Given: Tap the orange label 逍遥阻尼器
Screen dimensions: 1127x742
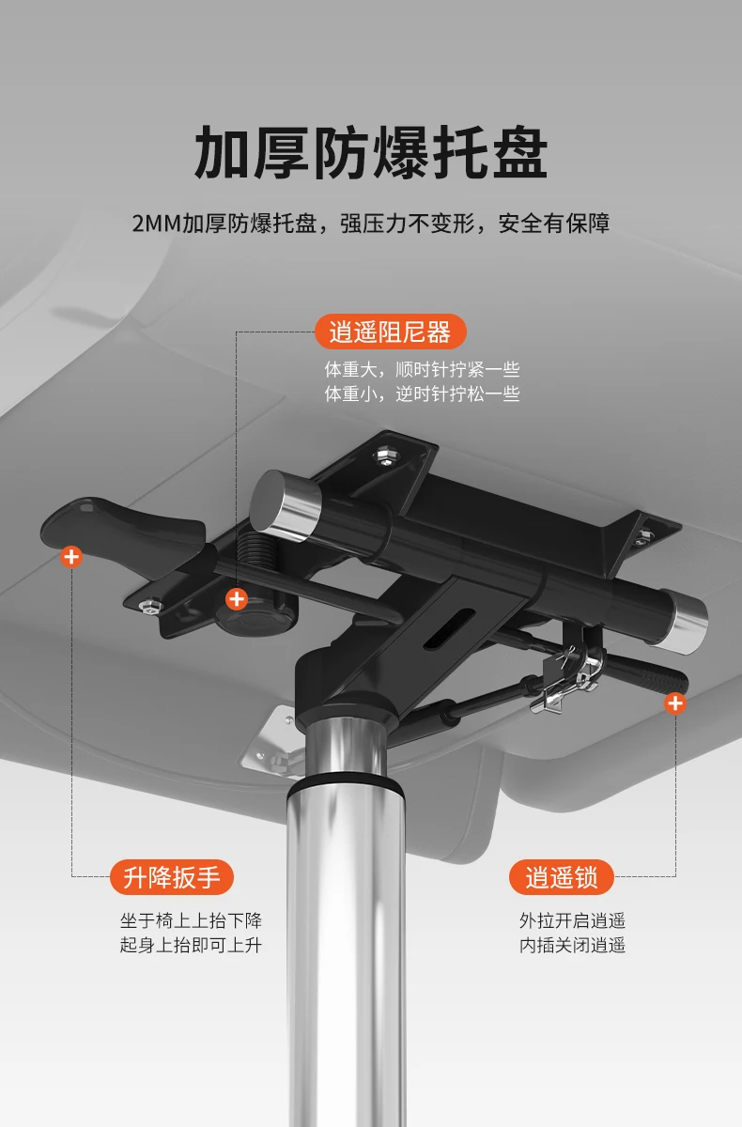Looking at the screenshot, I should (x=390, y=332).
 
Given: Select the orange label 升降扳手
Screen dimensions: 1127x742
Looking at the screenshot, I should (x=172, y=877).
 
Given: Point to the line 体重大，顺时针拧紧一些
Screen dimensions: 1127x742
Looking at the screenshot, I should (x=422, y=370).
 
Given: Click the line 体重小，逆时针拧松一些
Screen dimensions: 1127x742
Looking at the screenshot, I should (x=422, y=394).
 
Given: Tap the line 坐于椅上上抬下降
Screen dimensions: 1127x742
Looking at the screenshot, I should (x=191, y=920).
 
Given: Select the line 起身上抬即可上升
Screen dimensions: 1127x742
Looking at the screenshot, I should (x=191, y=945).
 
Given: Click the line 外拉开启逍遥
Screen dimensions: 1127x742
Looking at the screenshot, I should (x=573, y=920).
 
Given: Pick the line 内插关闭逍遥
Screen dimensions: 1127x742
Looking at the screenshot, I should (x=573, y=945).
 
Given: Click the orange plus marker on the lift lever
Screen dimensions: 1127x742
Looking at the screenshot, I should (x=71, y=556).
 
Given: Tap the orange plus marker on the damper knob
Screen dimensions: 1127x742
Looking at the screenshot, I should (x=237, y=599).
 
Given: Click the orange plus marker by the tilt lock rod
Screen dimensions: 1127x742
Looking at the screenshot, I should (x=674, y=702).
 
